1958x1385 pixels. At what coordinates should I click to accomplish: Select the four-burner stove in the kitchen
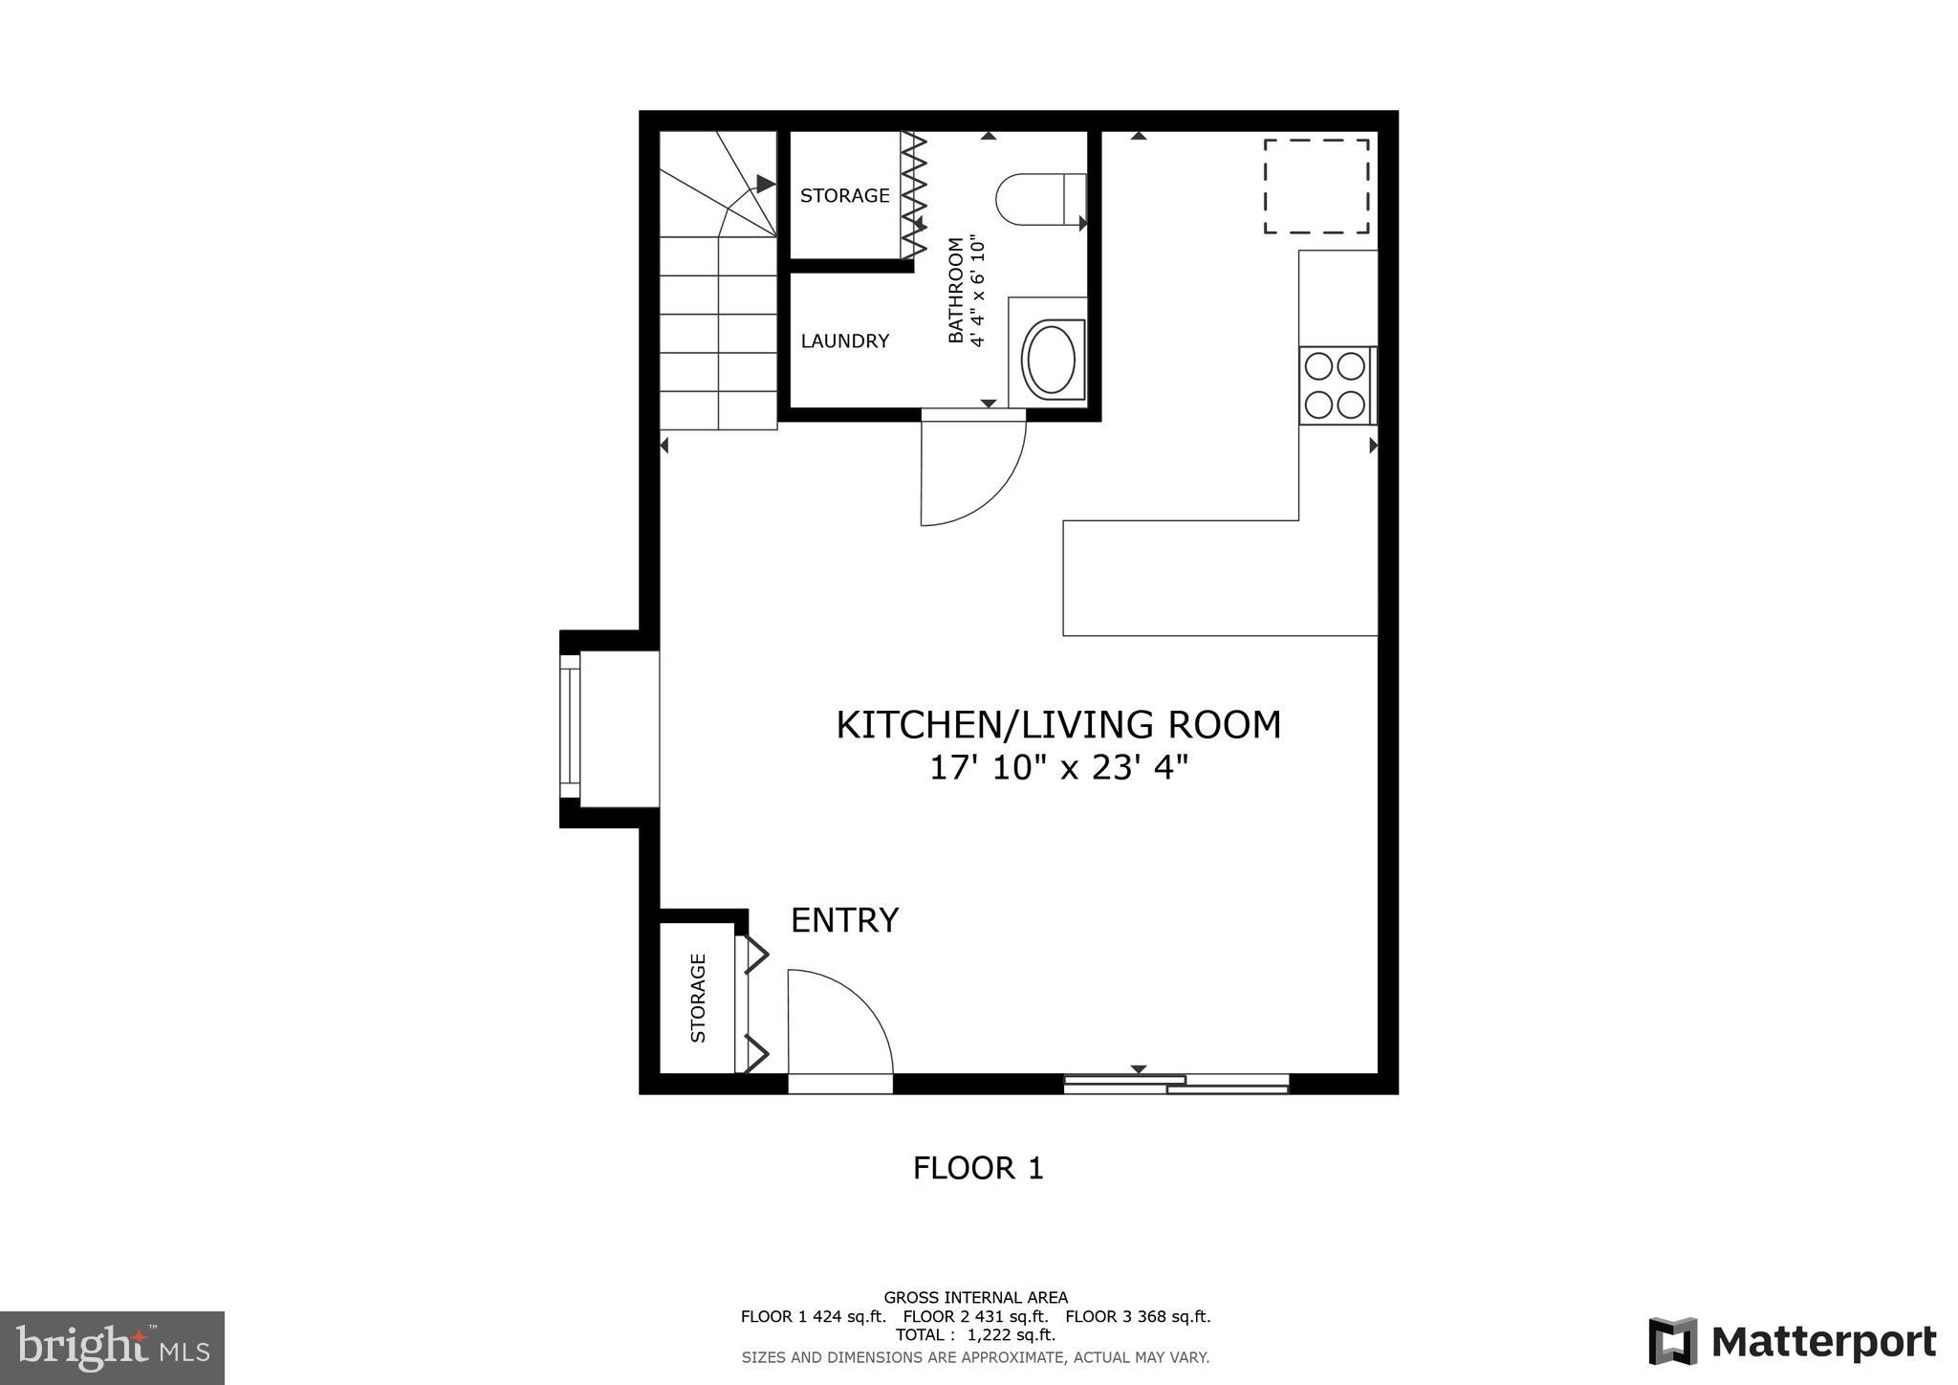pyautogui.click(x=1336, y=385)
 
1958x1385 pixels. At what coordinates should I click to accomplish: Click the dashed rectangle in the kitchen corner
pyautogui.click(x=1316, y=187)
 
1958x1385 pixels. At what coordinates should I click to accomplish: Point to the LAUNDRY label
pyautogui.click(x=845, y=341)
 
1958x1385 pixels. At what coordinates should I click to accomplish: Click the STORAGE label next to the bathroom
pyautogui.click(x=845, y=195)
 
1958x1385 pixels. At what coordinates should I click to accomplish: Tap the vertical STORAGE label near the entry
pyautogui.click(x=698, y=998)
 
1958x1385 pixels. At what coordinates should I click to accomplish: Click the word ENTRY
pyautogui.click(x=844, y=920)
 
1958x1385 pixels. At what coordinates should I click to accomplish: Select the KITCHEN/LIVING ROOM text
pyautogui.click(x=1058, y=725)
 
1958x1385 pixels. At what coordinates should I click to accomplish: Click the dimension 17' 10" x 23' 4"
pyautogui.click(x=1058, y=768)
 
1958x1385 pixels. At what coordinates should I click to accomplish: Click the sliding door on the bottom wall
pyautogui.click(x=1176, y=1084)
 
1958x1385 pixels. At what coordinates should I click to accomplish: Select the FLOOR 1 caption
pyautogui.click(x=978, y=1168)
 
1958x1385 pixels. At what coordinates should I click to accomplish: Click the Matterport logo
pyautogui.click(x=1793, y=1342)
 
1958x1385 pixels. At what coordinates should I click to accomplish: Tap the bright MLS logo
pyautogui.click(x=113, y=1348)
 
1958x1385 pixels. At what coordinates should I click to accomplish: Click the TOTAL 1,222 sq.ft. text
pyautogui.click(x=975, y=1334)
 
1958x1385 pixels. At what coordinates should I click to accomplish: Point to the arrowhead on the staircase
pyautogui.click(x=765, y=183)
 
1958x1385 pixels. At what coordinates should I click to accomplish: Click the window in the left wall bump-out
pyautogui.click(x=570, y=727)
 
